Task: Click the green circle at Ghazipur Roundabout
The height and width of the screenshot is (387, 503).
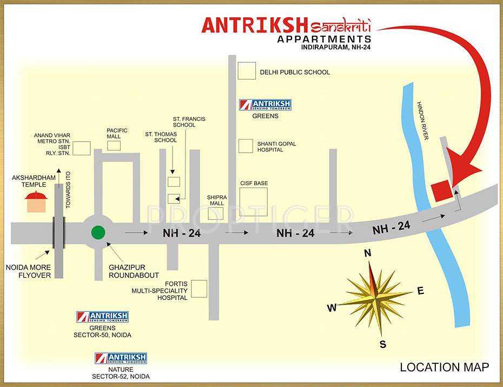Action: point(98,233)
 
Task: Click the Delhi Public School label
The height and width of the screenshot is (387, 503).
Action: point(295,72)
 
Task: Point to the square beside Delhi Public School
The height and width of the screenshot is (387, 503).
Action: point(247,71)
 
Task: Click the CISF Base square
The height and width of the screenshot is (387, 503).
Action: point(254,202)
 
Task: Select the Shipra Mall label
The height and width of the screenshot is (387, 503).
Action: point(216,200)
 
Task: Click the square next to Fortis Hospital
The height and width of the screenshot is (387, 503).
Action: point(199,288)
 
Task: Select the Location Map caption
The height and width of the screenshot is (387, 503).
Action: point(445,368)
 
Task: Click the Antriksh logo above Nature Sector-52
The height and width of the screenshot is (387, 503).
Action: point(121,358)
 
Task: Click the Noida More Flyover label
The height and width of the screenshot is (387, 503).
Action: point(28,271)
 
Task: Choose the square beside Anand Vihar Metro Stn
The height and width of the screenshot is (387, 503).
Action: point(82,148)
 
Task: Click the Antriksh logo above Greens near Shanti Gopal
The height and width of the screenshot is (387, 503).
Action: point(265,105)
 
